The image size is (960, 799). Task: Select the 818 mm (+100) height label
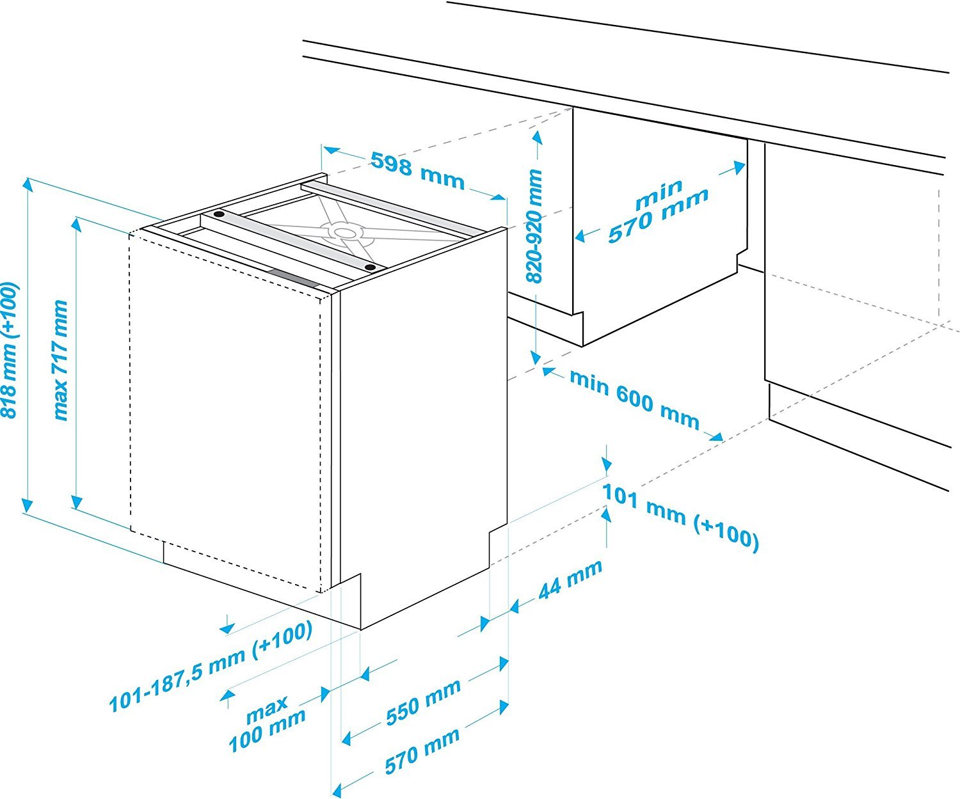(10, 351)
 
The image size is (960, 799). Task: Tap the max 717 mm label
(61, 360)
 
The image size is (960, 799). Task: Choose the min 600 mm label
(634, 399)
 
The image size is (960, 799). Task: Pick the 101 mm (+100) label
(680, 517)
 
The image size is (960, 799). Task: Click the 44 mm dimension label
(570, 580)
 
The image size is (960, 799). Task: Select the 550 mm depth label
(423, 701)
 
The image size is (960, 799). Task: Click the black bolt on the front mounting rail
(369, 266)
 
